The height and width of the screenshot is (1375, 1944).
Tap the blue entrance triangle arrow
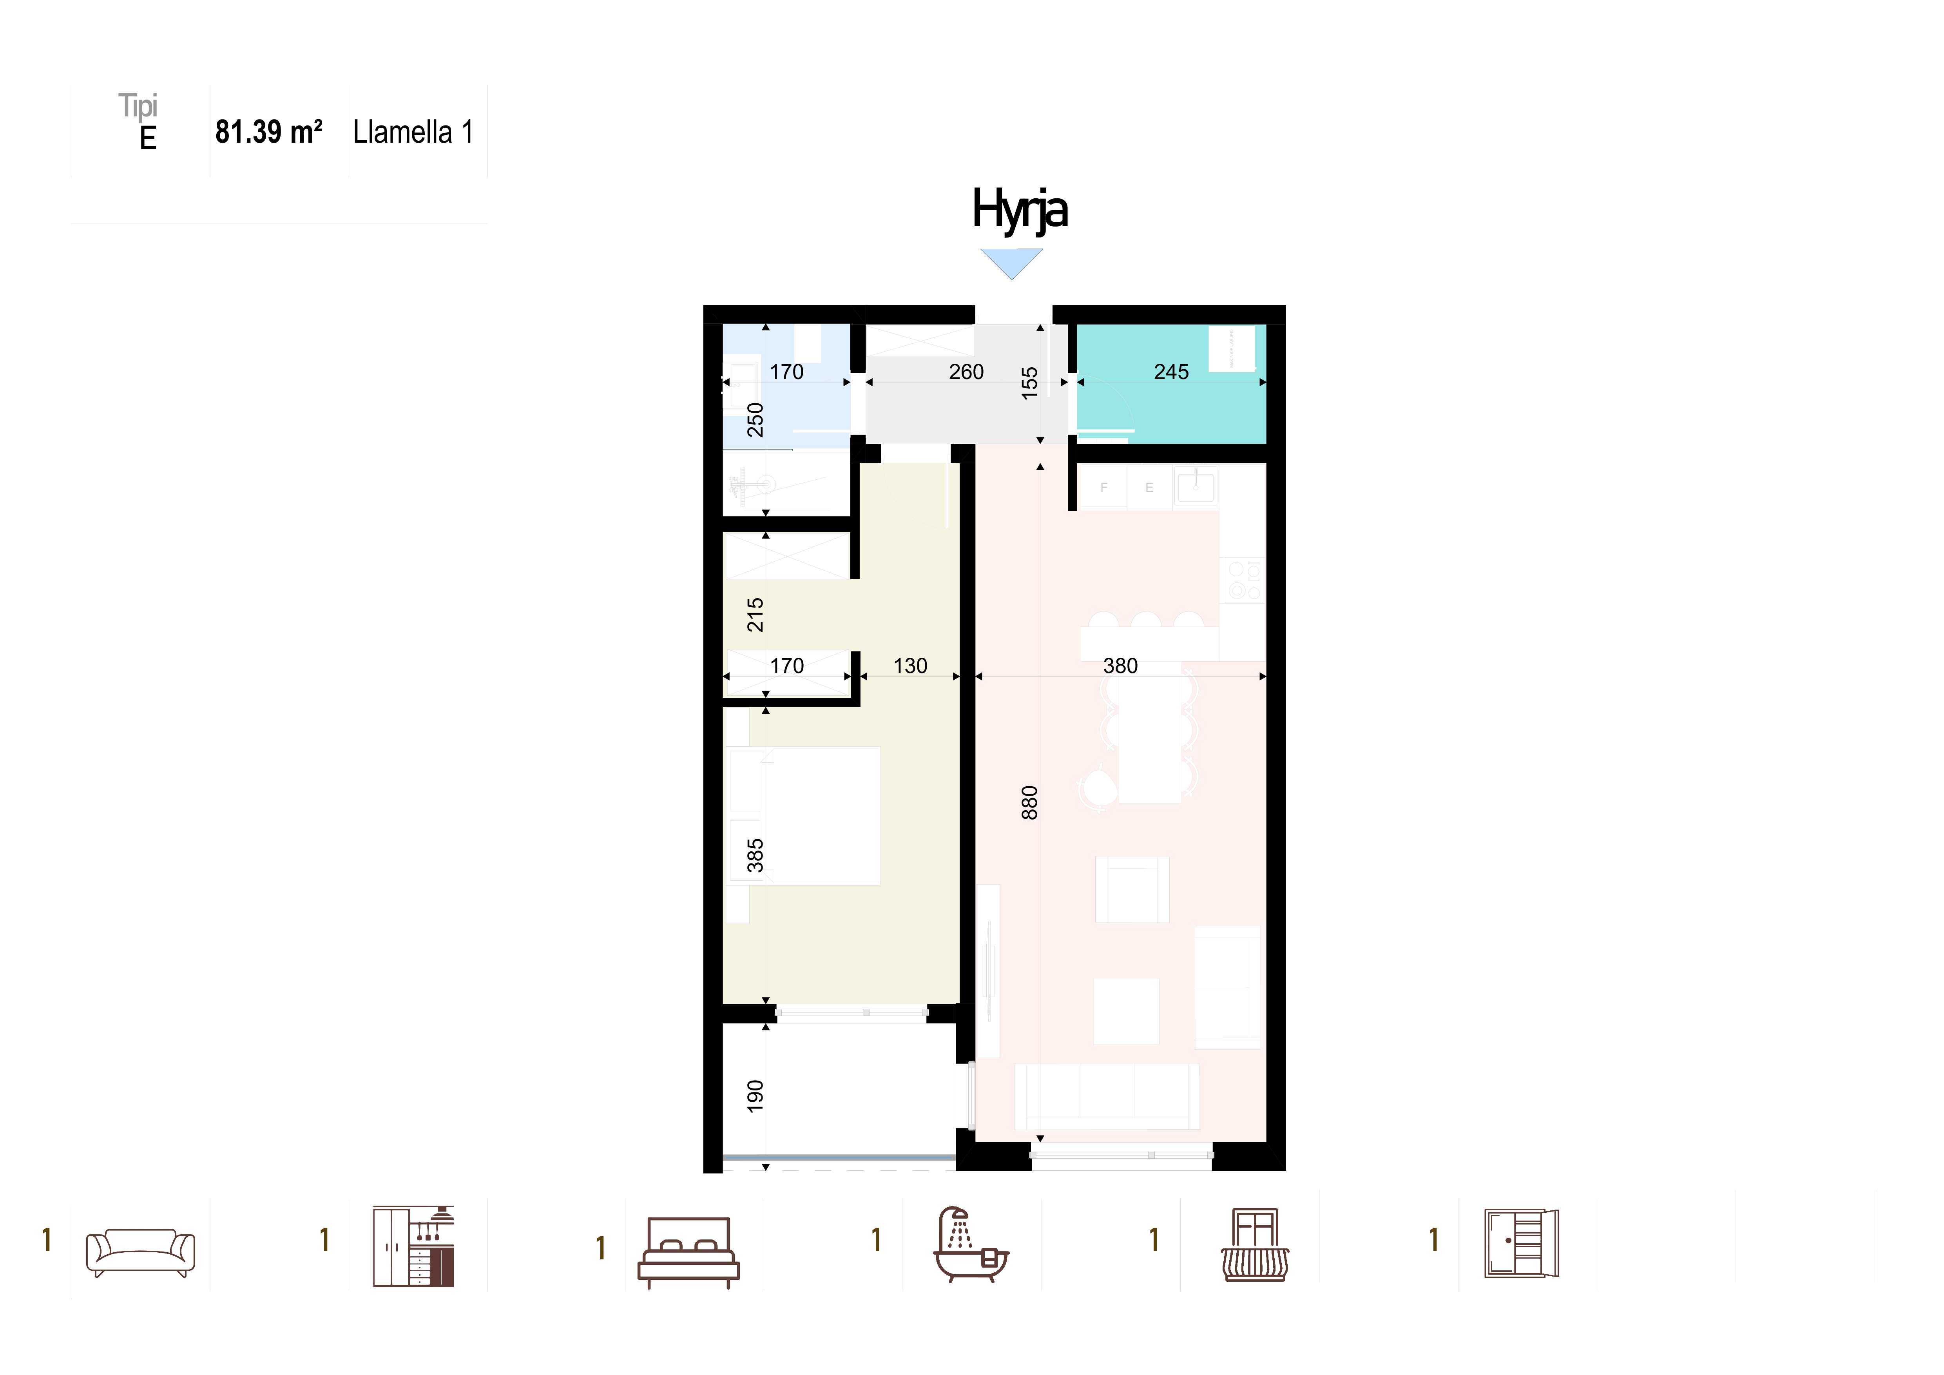[1012, 263]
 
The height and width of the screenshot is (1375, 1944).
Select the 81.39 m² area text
[268, 132]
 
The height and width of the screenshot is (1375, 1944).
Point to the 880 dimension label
[1029, 803]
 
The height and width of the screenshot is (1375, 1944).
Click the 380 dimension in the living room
[1120, 666]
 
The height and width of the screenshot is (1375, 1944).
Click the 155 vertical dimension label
[1029, 383]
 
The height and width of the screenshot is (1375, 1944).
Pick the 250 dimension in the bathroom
[754, 420]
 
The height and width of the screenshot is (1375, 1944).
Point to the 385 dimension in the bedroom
[754, 856]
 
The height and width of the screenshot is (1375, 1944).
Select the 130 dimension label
[910, 666]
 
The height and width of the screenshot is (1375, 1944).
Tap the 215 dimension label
[754, 615]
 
